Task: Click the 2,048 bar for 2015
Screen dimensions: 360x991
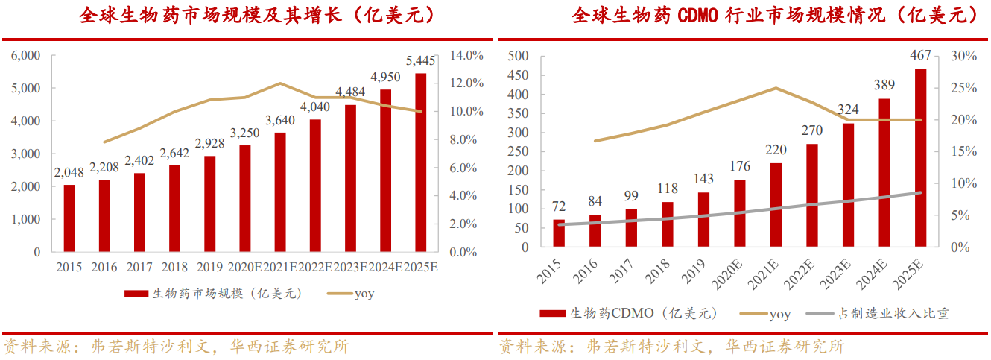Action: [69, 218]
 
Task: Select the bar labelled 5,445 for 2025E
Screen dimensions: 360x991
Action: [421, 162]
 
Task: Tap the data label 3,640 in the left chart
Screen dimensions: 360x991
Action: [279, 120]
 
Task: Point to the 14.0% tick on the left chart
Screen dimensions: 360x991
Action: [467, 55]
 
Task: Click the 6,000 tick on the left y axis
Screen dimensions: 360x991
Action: [26, 55]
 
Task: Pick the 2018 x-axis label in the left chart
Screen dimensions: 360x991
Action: [174, 267]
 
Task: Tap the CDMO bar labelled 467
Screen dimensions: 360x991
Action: [921, 158]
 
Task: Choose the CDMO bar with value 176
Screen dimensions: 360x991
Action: [740, 213]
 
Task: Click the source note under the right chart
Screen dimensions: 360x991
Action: [671, 347]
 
